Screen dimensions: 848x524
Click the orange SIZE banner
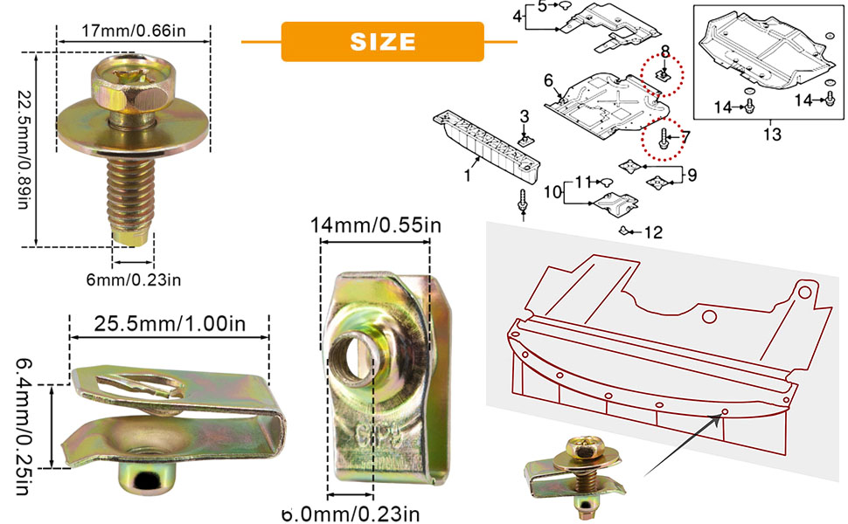(382, 42)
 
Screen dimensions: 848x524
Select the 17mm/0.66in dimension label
(134, 31)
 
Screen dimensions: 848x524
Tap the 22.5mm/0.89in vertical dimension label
(22, 148)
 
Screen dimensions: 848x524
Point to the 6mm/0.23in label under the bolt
(134, 279)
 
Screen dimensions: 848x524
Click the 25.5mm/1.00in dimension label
(170, 324)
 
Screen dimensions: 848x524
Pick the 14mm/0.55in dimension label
(375, 224)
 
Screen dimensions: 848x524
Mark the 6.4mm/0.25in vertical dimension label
(23, 427)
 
